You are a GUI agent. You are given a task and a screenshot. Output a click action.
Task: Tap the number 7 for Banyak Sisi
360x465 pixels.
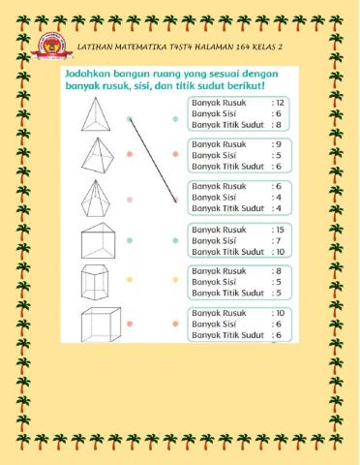279,240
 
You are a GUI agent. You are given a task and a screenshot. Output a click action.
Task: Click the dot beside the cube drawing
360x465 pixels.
130,324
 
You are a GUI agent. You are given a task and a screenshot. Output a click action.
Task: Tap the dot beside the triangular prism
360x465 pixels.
130,238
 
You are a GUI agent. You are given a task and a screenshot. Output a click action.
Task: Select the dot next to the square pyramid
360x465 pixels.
130,155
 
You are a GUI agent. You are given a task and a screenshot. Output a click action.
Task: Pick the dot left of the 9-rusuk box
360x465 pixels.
175,155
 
